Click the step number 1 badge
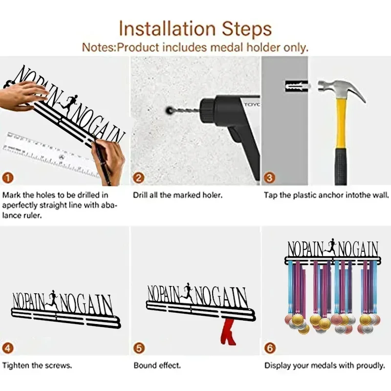coord(8,178)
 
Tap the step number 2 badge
coord(139,178)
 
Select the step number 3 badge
coord(270,178)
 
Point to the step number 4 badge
coord(8,348)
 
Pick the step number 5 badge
coord(139,348)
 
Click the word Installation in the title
coord(167,28)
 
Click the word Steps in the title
coord(247,29)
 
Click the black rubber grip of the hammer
coord(341,167)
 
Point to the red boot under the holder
coord(228,332)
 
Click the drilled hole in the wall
coord(169,110)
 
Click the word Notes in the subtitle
coord(99,47)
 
